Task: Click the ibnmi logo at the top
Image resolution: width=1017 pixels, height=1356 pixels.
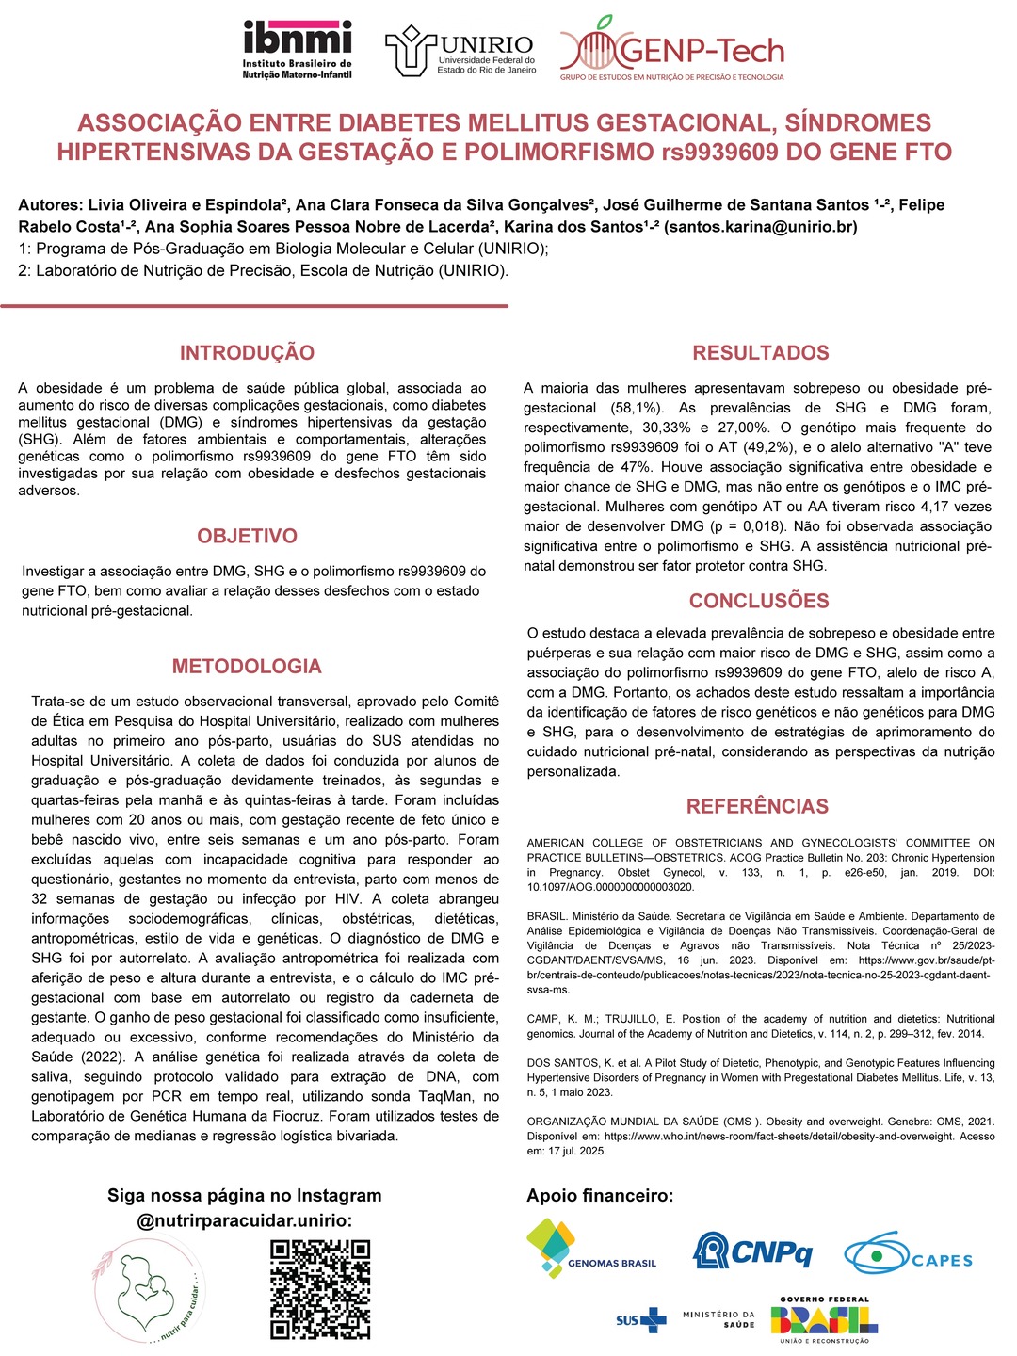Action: pos(297,49)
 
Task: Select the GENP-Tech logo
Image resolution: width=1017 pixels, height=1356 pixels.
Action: pos(672,49)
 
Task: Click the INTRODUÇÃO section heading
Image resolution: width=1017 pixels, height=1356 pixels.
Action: pos(247,353)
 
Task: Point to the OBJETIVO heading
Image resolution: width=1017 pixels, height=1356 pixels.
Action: pos(247,536)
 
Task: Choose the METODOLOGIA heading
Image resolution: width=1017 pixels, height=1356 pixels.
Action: pos(247,667)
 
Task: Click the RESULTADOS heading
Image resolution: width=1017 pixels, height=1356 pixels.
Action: pos(761,353)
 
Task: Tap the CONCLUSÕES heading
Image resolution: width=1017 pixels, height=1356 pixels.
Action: pos(759,601)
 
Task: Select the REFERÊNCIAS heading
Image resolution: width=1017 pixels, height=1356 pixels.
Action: pos(757,806)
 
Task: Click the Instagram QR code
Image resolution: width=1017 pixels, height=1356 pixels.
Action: pos(320,1289)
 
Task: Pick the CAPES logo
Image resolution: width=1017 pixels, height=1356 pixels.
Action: pos(908,1256)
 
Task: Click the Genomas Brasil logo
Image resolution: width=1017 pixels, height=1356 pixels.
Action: pos(590,1249)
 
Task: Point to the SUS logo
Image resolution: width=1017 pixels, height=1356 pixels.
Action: pos(641,1320)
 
